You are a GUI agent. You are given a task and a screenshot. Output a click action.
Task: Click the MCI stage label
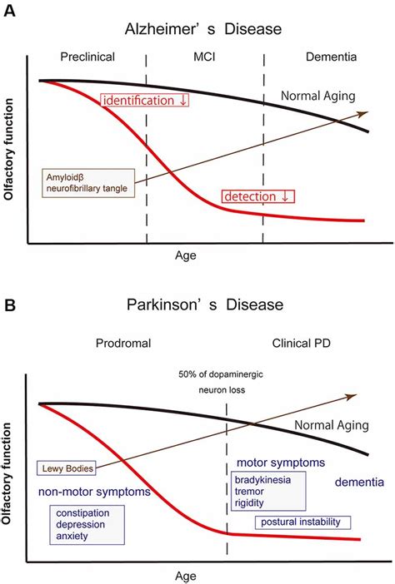[203, 57]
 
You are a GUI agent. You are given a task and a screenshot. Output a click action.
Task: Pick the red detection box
[259, 196]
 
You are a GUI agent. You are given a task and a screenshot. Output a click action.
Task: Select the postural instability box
[303, 522]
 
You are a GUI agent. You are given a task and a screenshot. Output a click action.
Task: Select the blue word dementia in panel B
[359, 483]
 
